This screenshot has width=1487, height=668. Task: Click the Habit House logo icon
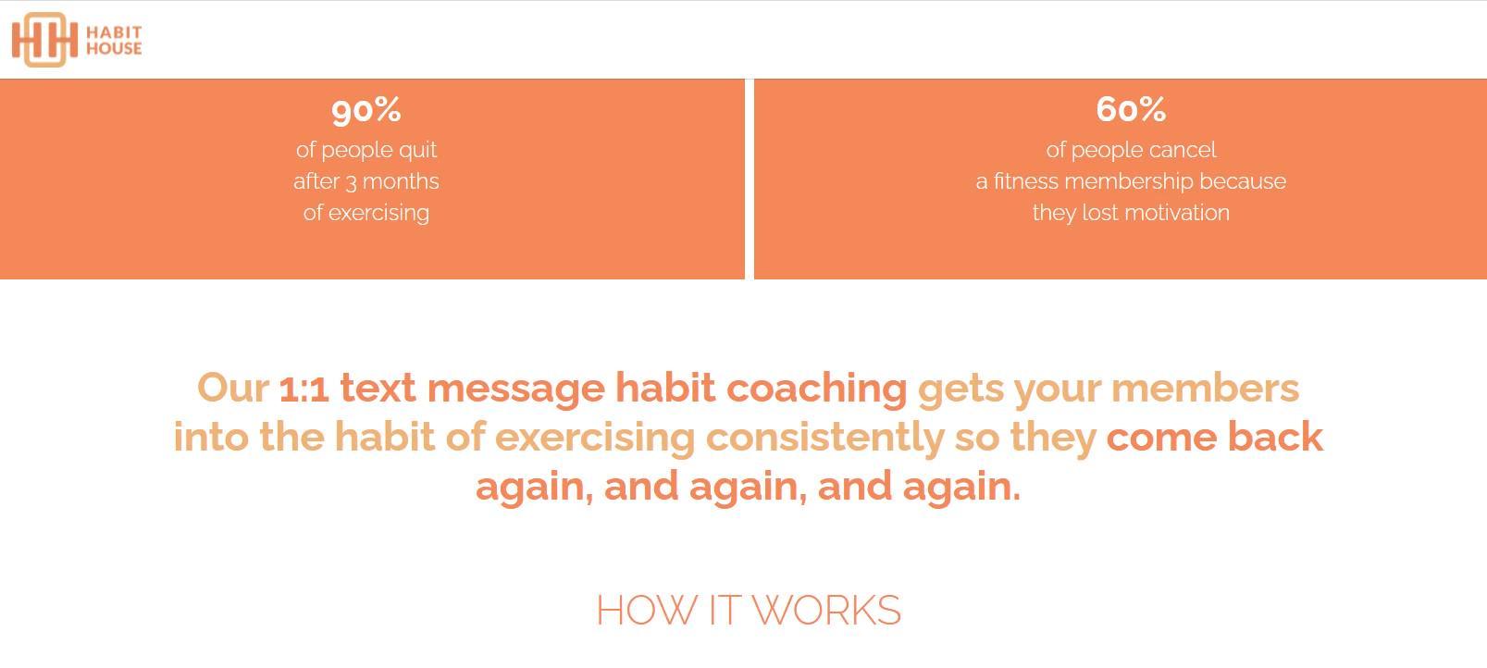coord(44,40)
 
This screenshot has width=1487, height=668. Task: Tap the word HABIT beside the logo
coord(114,31)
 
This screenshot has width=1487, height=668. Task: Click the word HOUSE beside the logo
coord(114,48)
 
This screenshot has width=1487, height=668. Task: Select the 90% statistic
coord(366,110)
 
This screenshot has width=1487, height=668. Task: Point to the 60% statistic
coord(1131,109)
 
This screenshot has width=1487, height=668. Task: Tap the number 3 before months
coord(351,182)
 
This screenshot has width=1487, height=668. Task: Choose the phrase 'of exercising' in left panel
coord(366,213)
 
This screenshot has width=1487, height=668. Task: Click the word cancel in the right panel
coord(1183,150)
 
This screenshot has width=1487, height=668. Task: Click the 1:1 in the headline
coord(304,389)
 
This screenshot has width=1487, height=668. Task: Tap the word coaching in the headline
coord(816,389)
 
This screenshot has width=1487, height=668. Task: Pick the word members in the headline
coord(1205,389)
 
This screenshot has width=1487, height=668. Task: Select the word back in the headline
coord(1274,437)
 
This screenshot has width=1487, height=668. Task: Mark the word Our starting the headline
coord(232,388)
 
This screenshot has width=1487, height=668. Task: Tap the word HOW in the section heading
coord(647,611)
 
